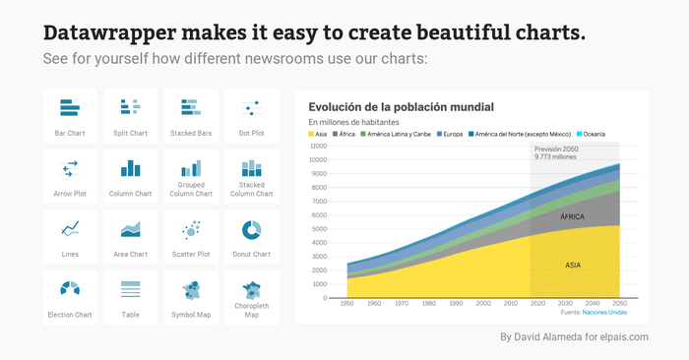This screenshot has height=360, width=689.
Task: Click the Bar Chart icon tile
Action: tap(70, 116)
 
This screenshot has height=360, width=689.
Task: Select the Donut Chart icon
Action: tap(251, 230)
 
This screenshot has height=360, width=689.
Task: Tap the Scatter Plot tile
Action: tap(191, 237)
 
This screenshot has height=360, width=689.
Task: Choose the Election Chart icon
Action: tap(70, 288)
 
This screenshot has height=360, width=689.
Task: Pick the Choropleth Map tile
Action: tap(251, 298)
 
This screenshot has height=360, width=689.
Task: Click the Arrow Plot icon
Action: tap(70, 169)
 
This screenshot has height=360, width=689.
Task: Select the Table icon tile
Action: tap(131, 298)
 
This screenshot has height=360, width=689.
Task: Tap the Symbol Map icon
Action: tap(191, 290)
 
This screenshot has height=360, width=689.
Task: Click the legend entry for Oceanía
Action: tap(591, 135)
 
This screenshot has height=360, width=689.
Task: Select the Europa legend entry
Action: tap(450, 135)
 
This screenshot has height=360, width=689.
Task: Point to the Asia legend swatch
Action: tap(311, 135)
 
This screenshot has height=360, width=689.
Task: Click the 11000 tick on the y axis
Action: tap(319, 147)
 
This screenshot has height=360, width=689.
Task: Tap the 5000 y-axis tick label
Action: tap(320, 229)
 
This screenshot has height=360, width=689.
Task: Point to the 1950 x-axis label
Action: tap(347, 303)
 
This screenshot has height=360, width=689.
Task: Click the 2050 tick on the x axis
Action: tap(619, 303)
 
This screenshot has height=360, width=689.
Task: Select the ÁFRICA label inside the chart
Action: tap(572, 216)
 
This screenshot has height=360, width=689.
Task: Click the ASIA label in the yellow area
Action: tap(573, 266)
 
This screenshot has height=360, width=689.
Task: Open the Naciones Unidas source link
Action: tap(604, 313)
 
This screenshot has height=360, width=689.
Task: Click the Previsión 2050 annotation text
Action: tap(556, 150)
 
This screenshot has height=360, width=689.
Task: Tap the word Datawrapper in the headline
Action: tap(110, 33)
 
